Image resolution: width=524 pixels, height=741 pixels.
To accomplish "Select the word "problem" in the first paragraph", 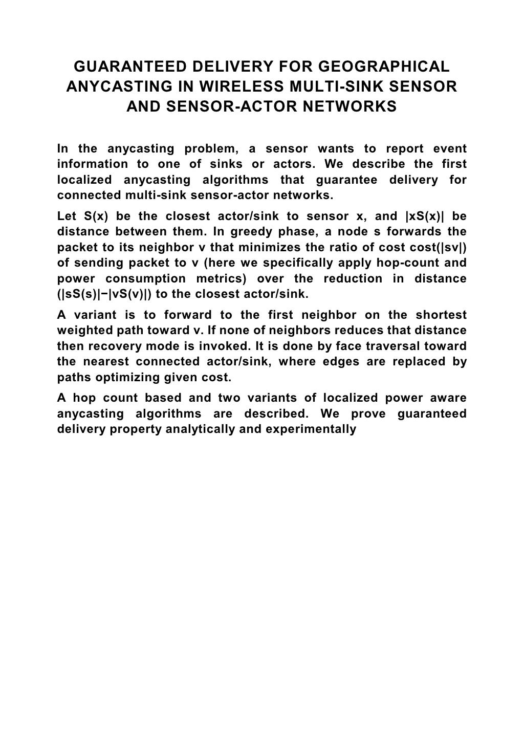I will click(x=212, y=149).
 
